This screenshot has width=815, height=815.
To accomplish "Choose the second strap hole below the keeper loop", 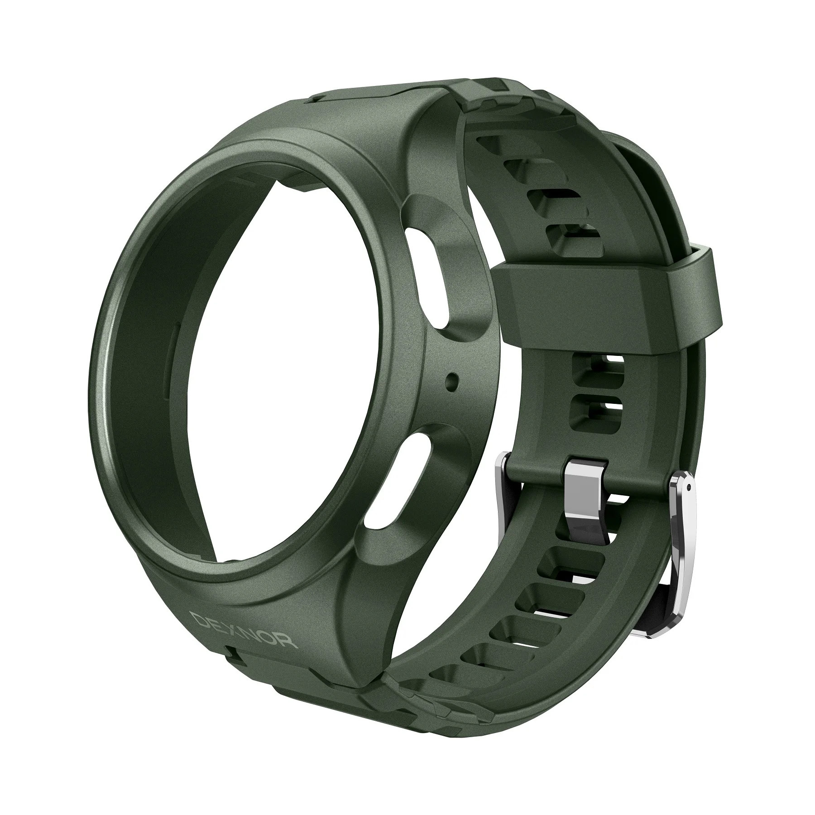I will pos(597,410).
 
